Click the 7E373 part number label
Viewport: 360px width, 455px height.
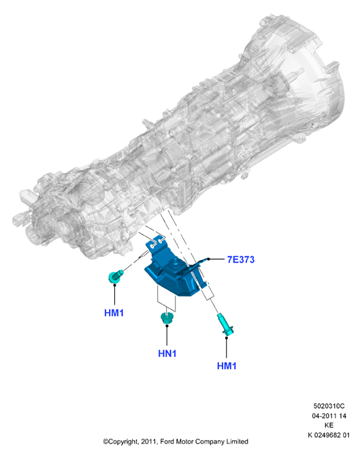click(x=241, y=259)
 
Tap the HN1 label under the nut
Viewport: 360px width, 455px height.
click(x=167, y=354)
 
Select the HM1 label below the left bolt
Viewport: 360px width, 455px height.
click(x=114, y=313)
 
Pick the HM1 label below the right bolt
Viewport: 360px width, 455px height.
click(x=227, y=366)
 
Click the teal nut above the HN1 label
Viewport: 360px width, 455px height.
click(x=167, y=318)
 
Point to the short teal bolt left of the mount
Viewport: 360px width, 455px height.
click(x=116, y=276)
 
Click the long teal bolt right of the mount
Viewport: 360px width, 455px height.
click(x=225, y=324)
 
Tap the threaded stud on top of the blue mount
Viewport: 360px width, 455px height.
click(x=176, y=262)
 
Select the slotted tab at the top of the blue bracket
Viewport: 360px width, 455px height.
click(x=157, y=243)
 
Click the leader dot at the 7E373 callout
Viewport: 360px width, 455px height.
click(x=208, y=259)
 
